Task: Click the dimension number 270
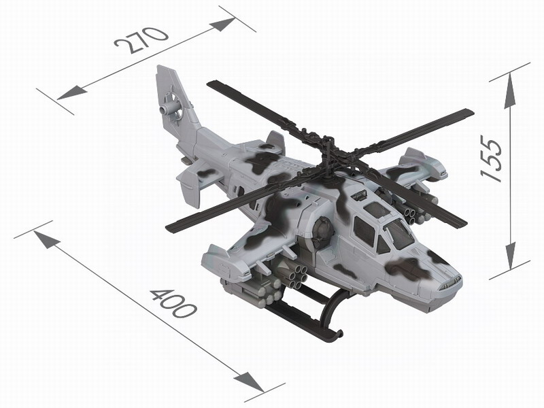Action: (141, 40)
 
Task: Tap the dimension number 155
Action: (492, 158)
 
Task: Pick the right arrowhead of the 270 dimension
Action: (222, 24)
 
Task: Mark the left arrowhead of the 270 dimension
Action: (71, 92)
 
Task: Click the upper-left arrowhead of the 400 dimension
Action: (46, 239)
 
